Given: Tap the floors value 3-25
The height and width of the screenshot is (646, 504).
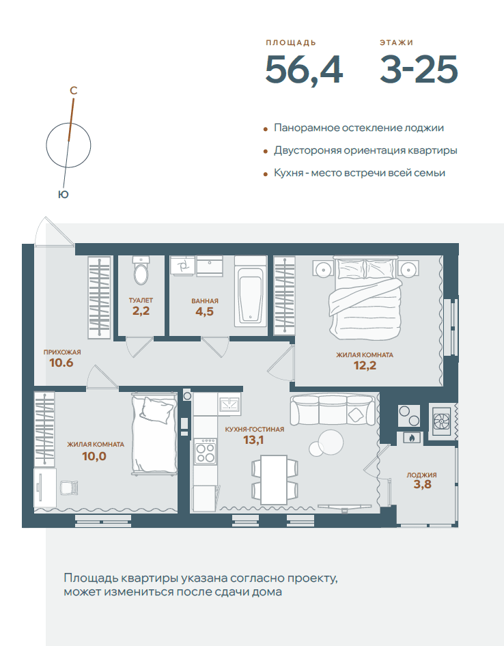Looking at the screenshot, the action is click(419, 69).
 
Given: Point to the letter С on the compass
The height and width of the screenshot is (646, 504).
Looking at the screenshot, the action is click(73, 90).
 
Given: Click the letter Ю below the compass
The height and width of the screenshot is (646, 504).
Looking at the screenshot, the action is click(63, 195).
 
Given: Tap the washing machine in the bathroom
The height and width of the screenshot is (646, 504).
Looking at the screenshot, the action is click(182, 266).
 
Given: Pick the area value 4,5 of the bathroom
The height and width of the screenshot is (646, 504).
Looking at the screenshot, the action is click(204, 311).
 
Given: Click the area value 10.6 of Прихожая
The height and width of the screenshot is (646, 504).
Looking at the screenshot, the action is click(61, 363).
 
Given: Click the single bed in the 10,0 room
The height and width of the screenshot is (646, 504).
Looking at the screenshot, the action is click(154, 434).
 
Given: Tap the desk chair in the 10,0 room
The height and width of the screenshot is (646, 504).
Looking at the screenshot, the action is click(69, 488).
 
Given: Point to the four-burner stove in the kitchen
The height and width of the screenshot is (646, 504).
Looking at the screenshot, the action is click(206, 451).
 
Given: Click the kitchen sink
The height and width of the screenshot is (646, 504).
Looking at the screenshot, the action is click(229, 403).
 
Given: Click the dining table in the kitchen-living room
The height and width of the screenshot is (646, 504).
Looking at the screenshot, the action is click(274, 479).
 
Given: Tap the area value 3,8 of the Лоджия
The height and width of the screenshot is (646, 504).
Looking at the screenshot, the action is click(423, 484).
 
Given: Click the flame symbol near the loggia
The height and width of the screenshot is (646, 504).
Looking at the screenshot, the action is click(410, 438).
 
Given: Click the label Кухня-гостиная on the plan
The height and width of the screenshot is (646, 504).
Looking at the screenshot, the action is click(254, 430).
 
